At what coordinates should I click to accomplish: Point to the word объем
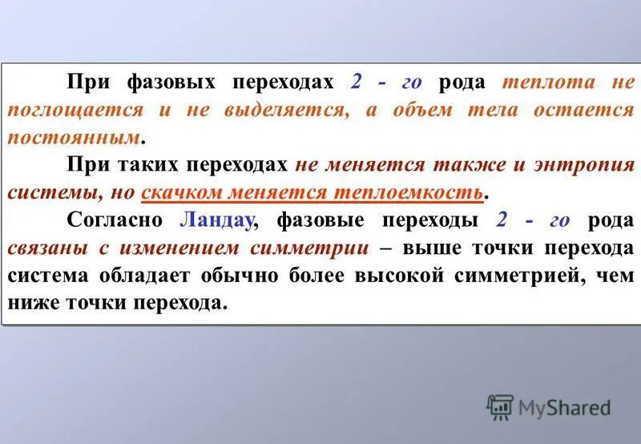coord(423,111)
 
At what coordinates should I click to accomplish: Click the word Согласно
coord(115,220)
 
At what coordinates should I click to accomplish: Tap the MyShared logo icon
coord(500,407)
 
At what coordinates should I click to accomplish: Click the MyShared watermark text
coord(564,407)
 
